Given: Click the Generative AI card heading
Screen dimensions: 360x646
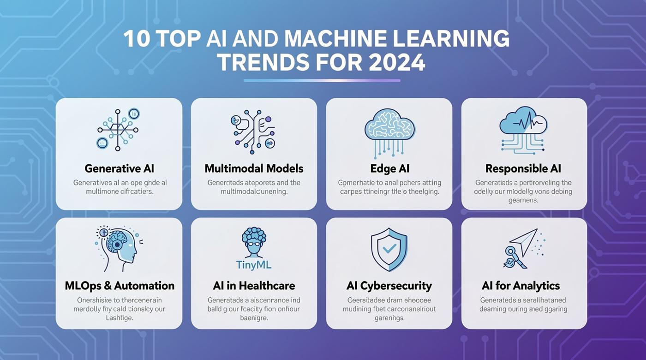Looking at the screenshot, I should point(119,168).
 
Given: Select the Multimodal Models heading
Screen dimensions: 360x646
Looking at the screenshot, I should point(254,168).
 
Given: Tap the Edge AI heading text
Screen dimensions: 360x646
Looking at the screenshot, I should point(389,168).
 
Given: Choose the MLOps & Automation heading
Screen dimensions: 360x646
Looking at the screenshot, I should point(120,286).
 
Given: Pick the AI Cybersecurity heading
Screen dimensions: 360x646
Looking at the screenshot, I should point(389,286).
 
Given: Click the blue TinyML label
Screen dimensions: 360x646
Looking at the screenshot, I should point(253,264).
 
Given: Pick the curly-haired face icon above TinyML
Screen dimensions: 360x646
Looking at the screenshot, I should point(253,242).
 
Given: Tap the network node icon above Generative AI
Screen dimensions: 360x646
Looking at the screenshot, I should point(118,129).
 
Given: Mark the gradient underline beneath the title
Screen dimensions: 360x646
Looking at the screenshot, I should point(322,80).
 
